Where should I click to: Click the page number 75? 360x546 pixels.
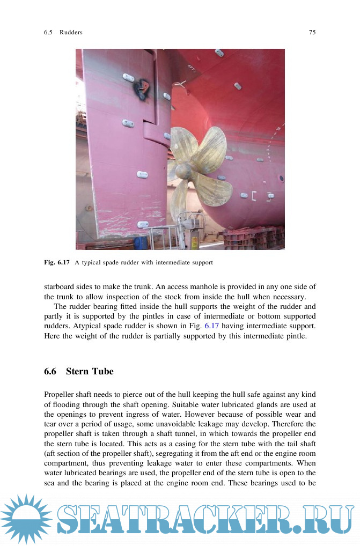[312, 32]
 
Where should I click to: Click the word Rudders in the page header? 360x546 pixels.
[71, 32]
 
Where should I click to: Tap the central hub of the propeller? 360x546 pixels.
[183, 171]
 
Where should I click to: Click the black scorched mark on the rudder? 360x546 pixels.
[143, 85]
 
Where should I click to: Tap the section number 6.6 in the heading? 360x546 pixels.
[51, 371]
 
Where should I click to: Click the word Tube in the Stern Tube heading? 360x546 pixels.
[102, 371]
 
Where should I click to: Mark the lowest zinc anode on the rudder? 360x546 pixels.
[143, 225]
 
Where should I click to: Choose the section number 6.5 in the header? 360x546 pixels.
[48, 32]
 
